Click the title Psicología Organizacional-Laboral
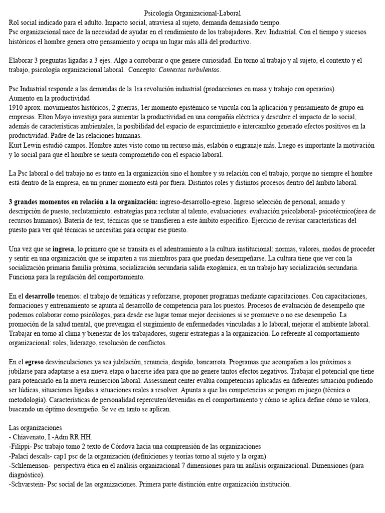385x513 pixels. [x=192, y=14]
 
